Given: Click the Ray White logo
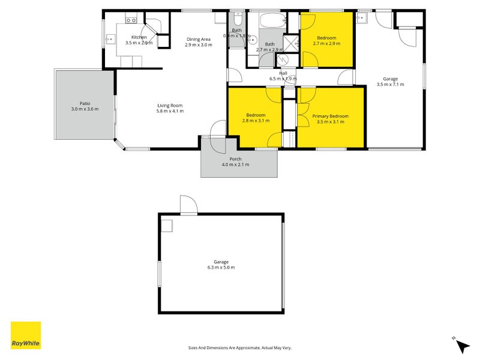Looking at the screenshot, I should [x=26, y=335].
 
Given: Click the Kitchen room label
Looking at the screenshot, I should [x=139, y=37].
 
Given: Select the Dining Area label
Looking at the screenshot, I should [x=198, y=39].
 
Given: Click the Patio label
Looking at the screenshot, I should [x=85, y=103].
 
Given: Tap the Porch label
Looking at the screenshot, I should [x=235, y=159].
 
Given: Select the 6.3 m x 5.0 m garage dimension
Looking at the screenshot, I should [x=221, y=268].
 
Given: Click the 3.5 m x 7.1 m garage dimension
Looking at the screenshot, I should [x=390, y=85].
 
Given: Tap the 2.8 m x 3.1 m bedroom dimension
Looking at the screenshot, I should [x=256, y=121].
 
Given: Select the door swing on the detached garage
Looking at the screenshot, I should [x=188, y=205].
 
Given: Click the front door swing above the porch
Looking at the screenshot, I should [x=218, y=129].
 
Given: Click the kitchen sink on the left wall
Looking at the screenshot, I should [x=110, y=40].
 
